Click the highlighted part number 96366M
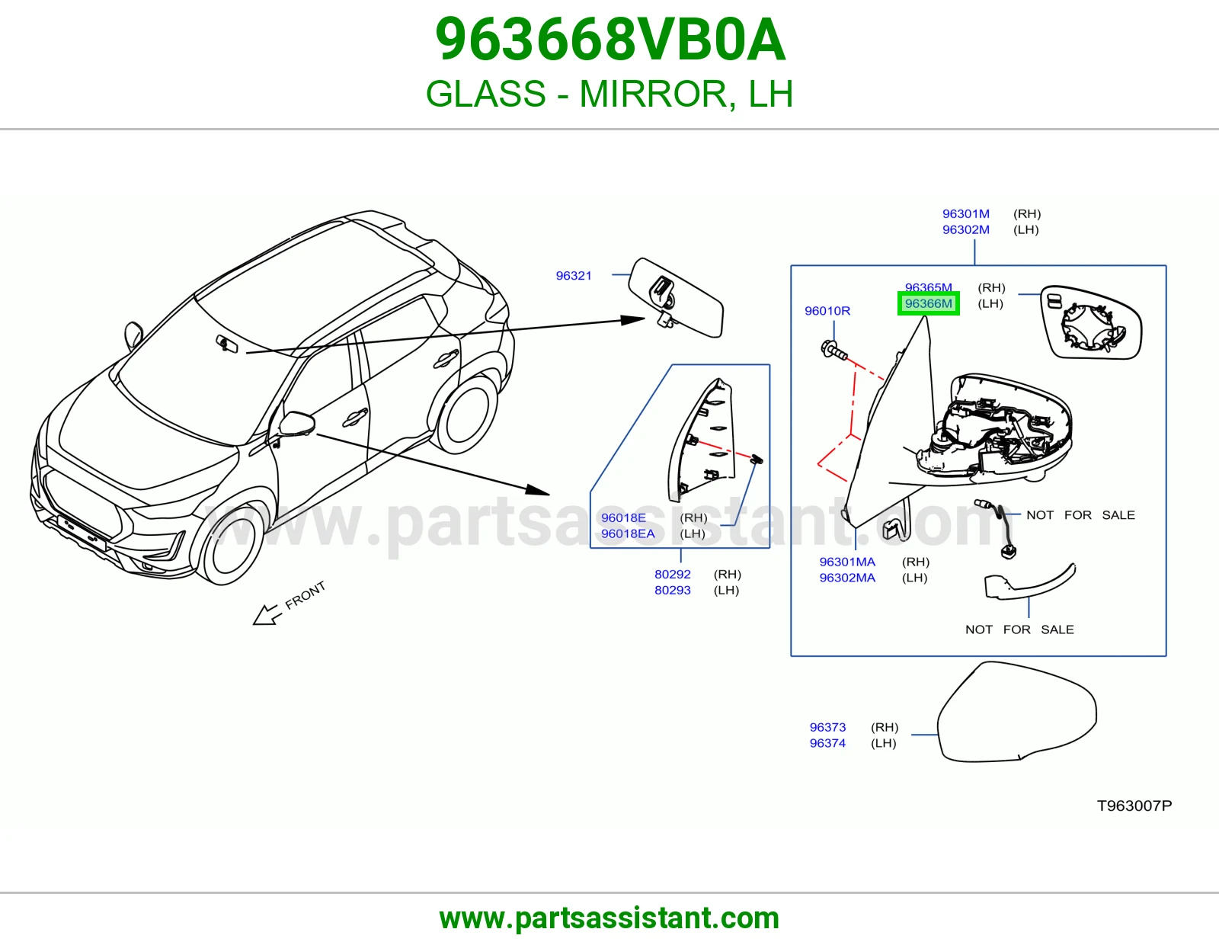pyautogui.click(x=929, y=303)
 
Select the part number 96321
pyautogui.click(x=574, y=276)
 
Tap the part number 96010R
pyautogui.click(x=827, y=311)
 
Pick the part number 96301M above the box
pyautogui.click(x=966, y=214)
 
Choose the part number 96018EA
pyautogui.click(x=628, y=533)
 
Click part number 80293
pyautogui.click(x=673, y=591)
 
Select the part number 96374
pyautogui.click(x=827, y=743)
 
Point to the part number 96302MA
pyautogui.click(x=847, y=578)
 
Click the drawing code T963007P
pyautogui.click(x=1134, y=806)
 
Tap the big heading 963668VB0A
pyautogui.click(x=609, y=40)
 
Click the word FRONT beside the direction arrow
pyautogui.click(x=306, y=595)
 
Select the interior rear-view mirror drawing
pyautogui.click(x=676, y=297)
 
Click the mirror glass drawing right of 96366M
pyautogui.click(x=1090, y=322)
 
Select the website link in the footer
pyautogui.click(x=609, y=918)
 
